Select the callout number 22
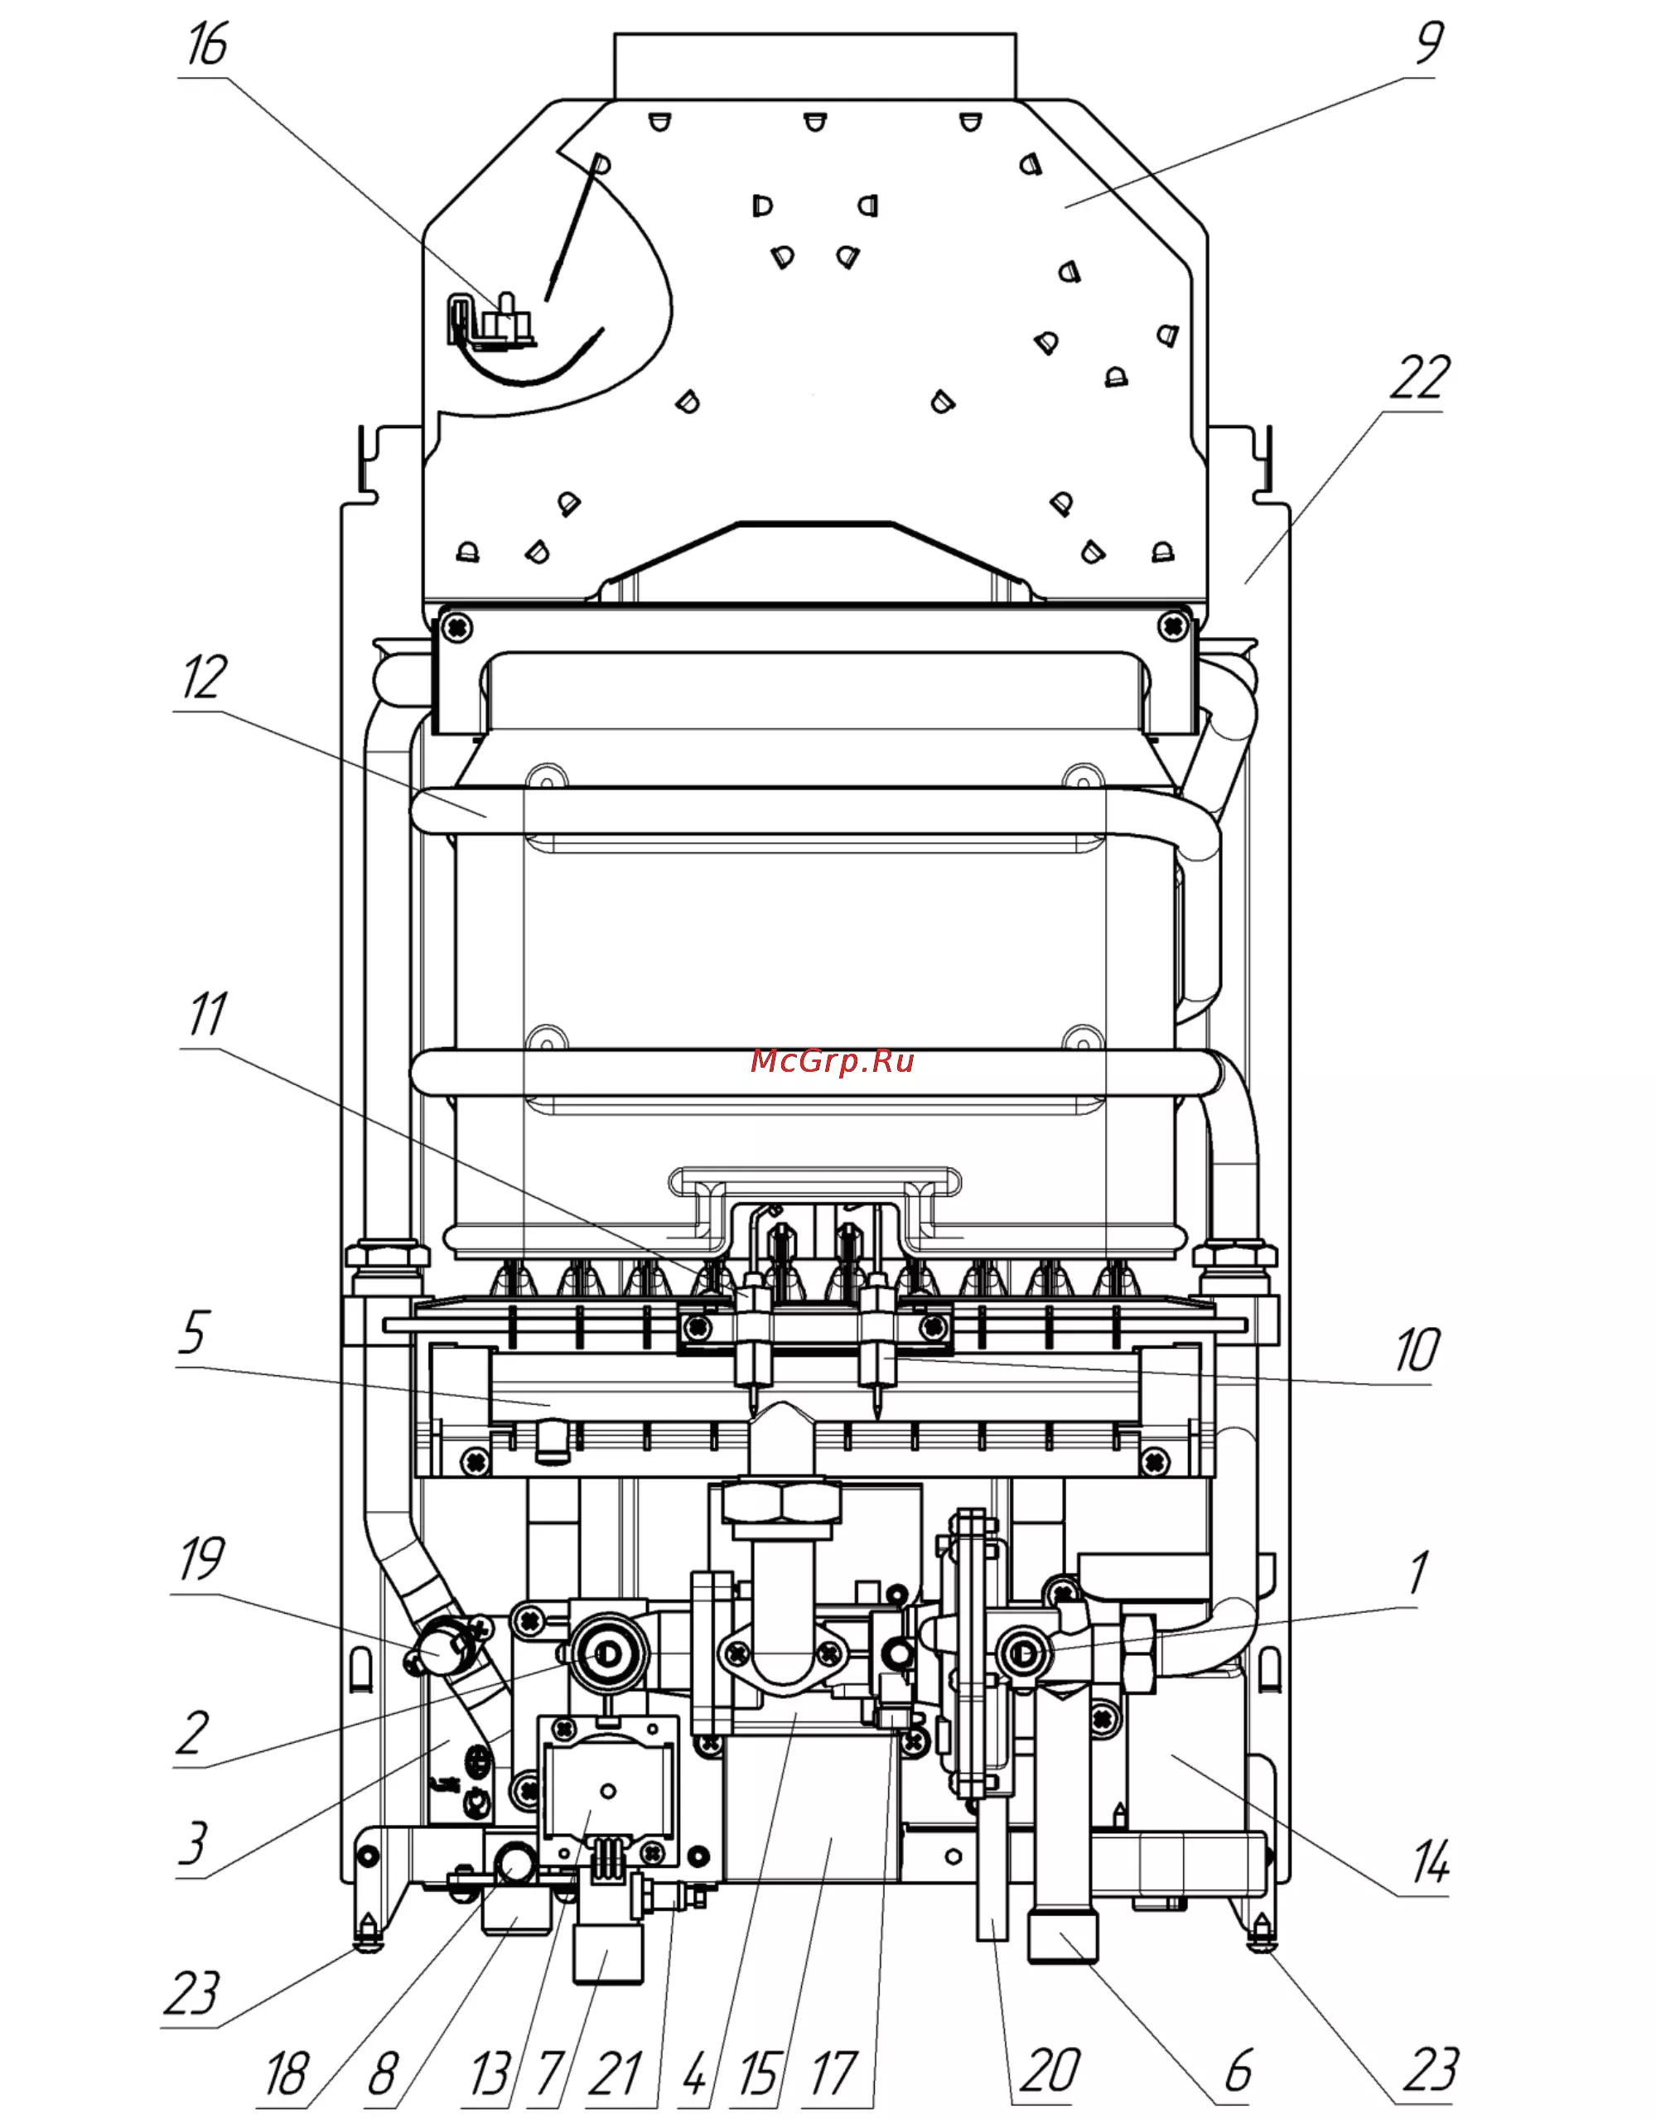pyautogui.click(x=1419, y=378)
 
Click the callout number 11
pyautogui.click(x=206, y=1014)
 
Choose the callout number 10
pyautogui.click(x=1417, y=1349)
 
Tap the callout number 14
pyautogui.click(x=1430, y=1861)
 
